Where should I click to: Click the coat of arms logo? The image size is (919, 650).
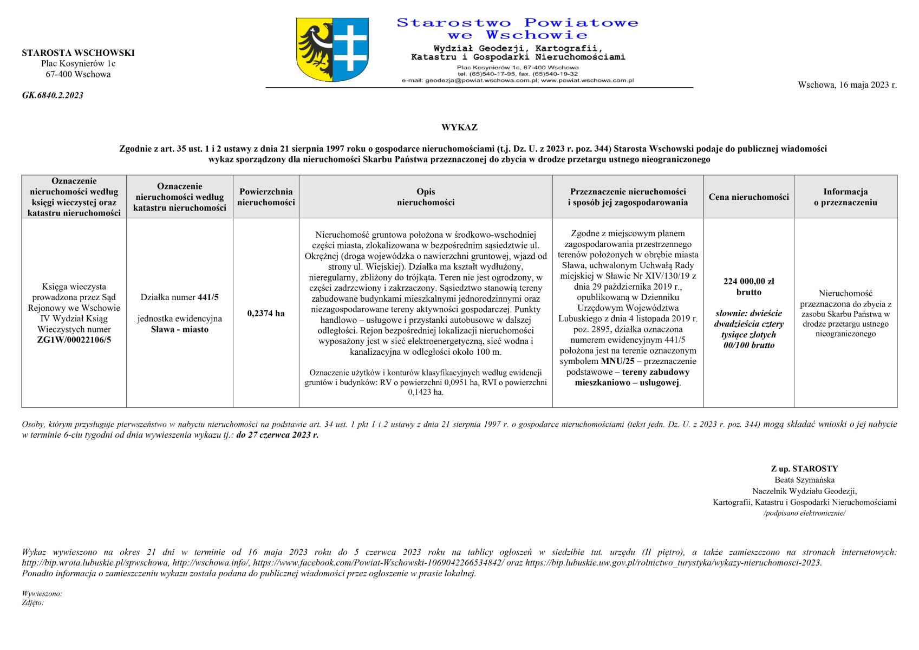[x=333, y=50]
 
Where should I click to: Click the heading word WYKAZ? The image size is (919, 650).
[x=459, y=128]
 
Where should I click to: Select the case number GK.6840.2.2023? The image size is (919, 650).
[x=53, y=95]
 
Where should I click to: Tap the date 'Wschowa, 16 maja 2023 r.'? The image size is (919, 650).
[x=847, y=85]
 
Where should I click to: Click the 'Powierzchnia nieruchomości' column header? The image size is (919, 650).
[x=266, y=197]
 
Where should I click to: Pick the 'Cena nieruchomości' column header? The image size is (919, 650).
[x=748, y=197]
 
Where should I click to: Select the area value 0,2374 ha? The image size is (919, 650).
[x=266, y=313]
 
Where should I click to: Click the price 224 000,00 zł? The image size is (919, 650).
[x=748, y=281]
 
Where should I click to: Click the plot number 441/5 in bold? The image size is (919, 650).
[x=208, y=297]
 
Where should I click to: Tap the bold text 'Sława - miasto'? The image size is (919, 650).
[x=180, y=329]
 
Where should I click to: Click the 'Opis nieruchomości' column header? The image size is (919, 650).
[x=426, y=197]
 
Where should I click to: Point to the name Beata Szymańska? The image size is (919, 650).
[x=804, y=480]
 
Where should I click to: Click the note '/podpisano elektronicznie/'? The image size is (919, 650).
[x=804, y=513]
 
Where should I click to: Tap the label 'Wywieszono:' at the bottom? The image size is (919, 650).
[x=42, y=594]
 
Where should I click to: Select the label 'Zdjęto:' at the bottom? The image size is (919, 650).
[x=32, y=602]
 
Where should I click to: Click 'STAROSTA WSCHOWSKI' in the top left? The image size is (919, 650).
[x=78, y=53]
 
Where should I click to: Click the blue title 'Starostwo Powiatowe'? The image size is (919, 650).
[x=517, y=23]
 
